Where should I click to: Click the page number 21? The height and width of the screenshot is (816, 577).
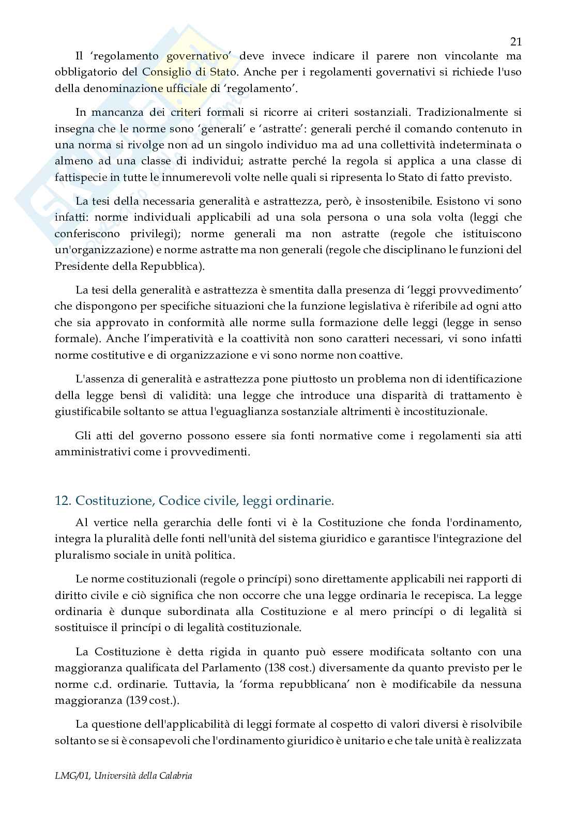(x=515, y=42)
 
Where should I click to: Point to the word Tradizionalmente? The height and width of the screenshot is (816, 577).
(x=459, y=112)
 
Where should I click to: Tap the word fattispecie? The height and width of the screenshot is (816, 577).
(x=79, y=177)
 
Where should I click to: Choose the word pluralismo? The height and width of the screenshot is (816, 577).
(x=80, y=555)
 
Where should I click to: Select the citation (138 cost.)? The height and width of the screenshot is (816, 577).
(x=292, y=668)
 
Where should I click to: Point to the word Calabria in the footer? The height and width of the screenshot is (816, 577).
(x=175, y=776)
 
